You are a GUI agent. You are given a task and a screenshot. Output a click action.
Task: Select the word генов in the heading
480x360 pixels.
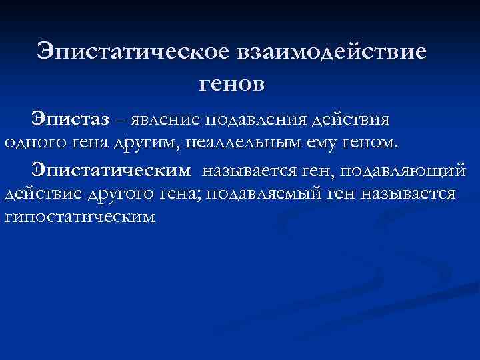(x=232, y=83)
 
